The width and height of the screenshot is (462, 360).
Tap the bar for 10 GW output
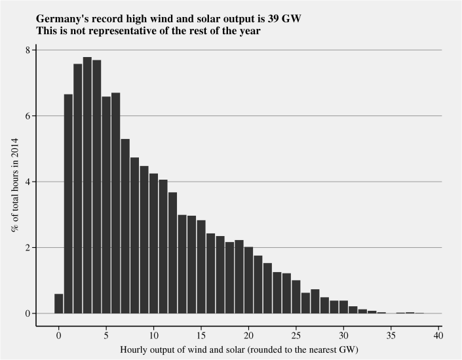point(153,243)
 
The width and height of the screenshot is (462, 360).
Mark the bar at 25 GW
point(296,297)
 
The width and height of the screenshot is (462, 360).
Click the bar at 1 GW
point(68,204)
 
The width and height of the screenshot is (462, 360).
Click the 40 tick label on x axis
point(438,336)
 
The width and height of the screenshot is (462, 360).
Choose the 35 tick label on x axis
point(391,336)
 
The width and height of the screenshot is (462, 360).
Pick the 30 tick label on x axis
point(343,336)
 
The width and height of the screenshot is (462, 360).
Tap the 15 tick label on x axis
point(201,336)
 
